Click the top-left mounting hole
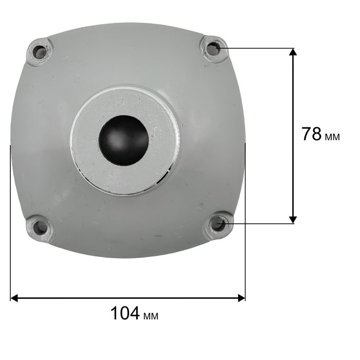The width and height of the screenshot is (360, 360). tap(40, 52)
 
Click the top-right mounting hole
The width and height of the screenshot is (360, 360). tap(213, 49)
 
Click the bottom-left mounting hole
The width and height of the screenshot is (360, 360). tap(40, 227)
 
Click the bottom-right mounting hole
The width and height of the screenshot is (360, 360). tap(218, 223)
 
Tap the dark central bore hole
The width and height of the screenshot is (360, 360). tap(124, 140)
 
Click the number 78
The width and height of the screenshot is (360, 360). tap(311, 134)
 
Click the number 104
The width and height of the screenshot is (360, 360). tap(125, 313)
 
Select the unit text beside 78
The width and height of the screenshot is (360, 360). tap(332, 137)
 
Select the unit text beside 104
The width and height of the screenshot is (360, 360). tap(151, 316)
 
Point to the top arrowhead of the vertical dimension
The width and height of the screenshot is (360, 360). tap(293, 51)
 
